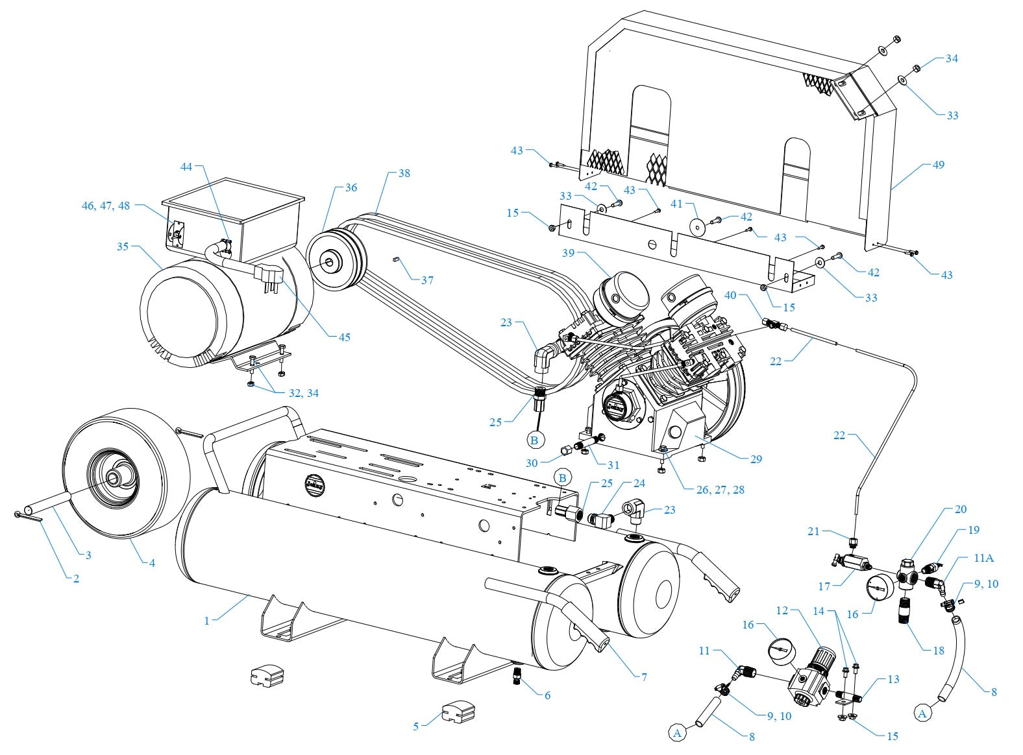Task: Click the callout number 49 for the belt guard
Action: pyautogui.click(x=938, y=165)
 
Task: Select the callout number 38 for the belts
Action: pyautogui.click(x=404, y=174)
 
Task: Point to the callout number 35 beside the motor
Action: pyautogui.click(x=123, y=246)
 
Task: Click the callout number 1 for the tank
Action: pyautogui.click(x=207, y=621)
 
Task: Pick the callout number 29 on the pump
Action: pyautogui.click(x=756, y=459)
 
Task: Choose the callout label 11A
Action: pyautogui.click(x=983, y=558)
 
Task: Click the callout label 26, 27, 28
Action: pyautogui.click(x=720, y=490)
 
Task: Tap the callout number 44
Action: pyautogui.click(x=187, y=167)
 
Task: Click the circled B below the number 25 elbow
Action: pyautogui.click(x=534, y=440)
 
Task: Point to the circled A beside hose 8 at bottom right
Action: pyautogui.click(x=923, y=713)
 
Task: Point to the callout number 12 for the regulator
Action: pyautogui.click(x=782, y=610)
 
